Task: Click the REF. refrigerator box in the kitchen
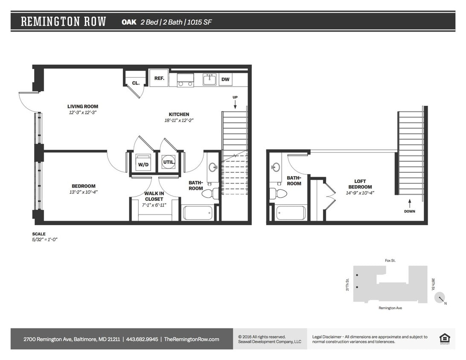click(x=159, y=78)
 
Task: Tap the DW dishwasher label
click(x=225, y=80)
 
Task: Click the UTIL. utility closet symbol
click(x=168, y=163)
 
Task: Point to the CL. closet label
click(x=136, y=83)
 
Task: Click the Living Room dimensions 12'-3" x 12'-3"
click(x=83, y=113)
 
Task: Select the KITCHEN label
click(x=179, y=114)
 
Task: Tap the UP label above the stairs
click(x=235, y=97)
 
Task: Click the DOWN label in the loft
click(x=409, y=211)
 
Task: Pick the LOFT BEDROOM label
click(x=360, y=184)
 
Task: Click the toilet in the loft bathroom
click(x=279, y=193)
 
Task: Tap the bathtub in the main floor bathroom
click(x=198, y=212)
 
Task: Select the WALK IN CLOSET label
click(x=154, y=196)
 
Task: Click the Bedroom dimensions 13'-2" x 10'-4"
click(x=83, y=192)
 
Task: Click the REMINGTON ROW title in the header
click(x=64, y=22)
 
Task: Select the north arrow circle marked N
click(x=440, y=298)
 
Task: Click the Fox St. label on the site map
click(x=390, y=260)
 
